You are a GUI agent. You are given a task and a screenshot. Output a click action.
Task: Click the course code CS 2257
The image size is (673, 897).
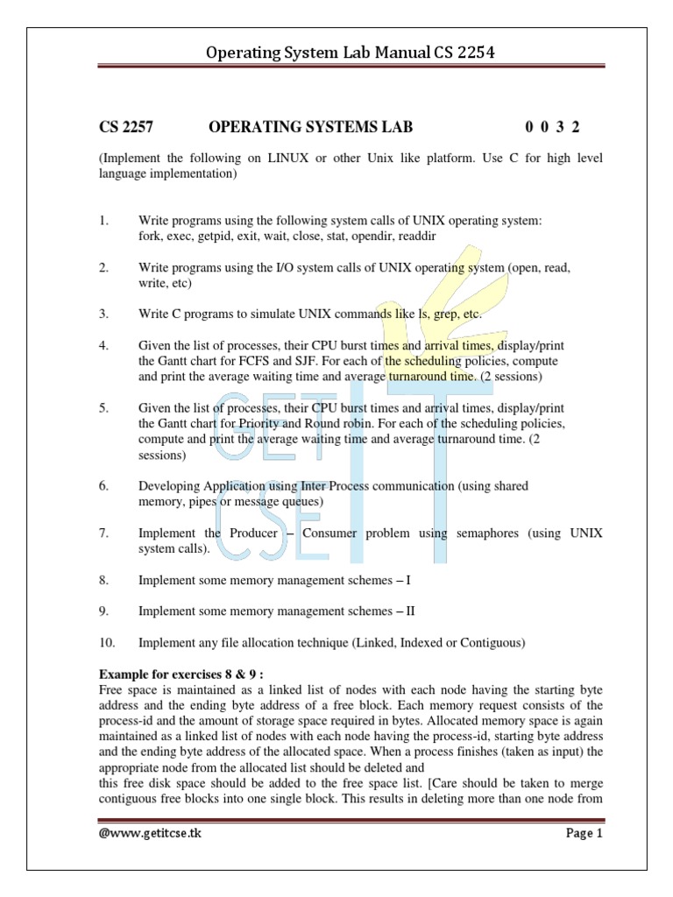[x=125, y=127]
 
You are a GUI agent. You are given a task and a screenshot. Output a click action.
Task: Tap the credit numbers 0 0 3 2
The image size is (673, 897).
[x=552, y=127]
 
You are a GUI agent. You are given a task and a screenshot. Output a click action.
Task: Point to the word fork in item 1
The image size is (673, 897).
[x=151, y=237]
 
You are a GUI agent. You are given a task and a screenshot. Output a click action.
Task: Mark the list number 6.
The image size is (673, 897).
[x=103, y=485]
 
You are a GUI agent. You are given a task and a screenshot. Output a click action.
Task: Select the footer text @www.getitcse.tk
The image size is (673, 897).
[x=149, y=833]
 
